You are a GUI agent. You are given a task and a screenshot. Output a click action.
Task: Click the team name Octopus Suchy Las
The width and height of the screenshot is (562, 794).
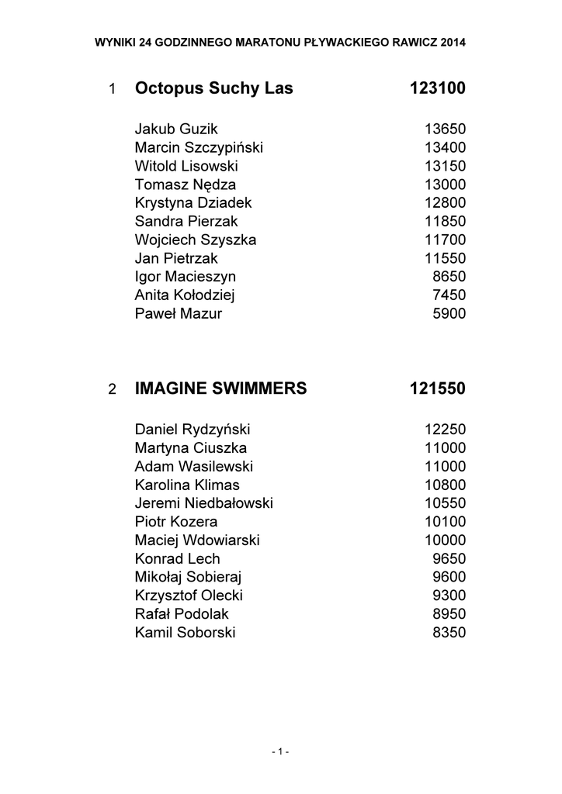tap(213, 88)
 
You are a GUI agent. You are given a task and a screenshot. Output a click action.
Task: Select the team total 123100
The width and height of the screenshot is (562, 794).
tap(437, 88)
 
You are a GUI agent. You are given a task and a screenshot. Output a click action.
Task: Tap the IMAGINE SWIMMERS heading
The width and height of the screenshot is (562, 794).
tap(220, 388)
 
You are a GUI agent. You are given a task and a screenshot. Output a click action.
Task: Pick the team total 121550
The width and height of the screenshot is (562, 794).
tap(437, 388)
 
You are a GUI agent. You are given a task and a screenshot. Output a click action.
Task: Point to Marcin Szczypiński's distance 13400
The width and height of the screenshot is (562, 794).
tap(445, 147)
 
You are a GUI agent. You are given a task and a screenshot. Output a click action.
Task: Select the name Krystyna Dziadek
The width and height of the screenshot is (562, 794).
tap(193, 202)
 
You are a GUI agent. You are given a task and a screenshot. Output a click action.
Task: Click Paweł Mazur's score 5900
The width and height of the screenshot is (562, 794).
tap(449, 313)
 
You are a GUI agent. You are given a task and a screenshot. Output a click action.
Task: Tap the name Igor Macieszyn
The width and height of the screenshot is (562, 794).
tap(185, 277)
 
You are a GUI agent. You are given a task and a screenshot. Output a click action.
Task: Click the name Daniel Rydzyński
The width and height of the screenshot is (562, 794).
tap(193, 429)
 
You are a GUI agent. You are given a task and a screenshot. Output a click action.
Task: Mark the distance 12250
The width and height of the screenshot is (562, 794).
tap(445, 429)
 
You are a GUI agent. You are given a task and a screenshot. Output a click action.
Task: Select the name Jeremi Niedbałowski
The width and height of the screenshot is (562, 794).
tap(203, 502)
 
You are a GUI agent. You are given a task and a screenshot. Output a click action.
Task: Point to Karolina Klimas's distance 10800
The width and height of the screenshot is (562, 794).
tap(445, 485)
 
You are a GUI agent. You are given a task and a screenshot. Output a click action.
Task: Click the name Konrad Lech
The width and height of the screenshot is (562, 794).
tap(177, 558)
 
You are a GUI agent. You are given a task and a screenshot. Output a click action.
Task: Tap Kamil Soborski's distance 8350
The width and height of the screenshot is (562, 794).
tap(449, 632)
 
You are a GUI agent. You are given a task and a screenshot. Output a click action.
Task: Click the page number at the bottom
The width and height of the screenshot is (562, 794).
tap(280, 751)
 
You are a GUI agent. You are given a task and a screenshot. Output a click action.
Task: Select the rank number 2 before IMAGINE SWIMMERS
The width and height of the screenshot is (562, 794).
tap(113, 389)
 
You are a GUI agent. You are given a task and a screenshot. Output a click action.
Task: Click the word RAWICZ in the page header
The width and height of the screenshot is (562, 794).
tap(412, 42)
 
